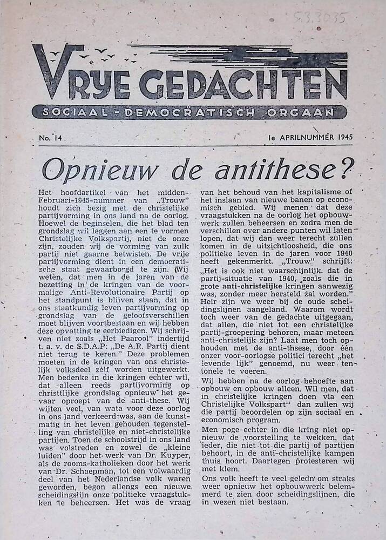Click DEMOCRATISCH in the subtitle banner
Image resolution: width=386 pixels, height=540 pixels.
[187, 112]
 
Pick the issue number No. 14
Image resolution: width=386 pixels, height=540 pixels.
[51, 138]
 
